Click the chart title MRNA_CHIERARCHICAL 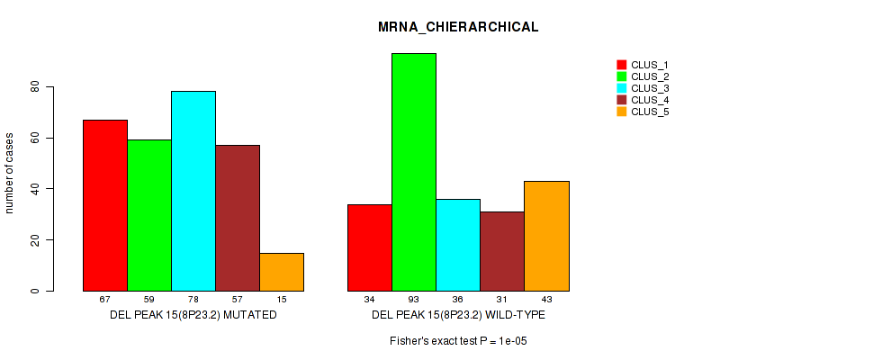point(458,27)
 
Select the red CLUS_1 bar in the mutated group point(105,205)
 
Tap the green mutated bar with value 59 point(149,215)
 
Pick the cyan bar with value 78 point(193,191)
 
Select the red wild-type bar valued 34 point(370,247)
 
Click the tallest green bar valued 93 point(414,172)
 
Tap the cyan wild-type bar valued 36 point(458,245)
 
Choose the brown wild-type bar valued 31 point(502,251)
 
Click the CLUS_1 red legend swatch point(621,65)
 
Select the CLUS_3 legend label point(650,88)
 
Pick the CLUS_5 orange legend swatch point(621,112)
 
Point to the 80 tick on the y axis point(35,87)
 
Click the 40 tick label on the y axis point(35,189)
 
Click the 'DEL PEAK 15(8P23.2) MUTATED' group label point(193,315)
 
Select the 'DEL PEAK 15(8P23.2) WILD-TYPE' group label point(458,315)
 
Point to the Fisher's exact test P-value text point(458,342)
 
